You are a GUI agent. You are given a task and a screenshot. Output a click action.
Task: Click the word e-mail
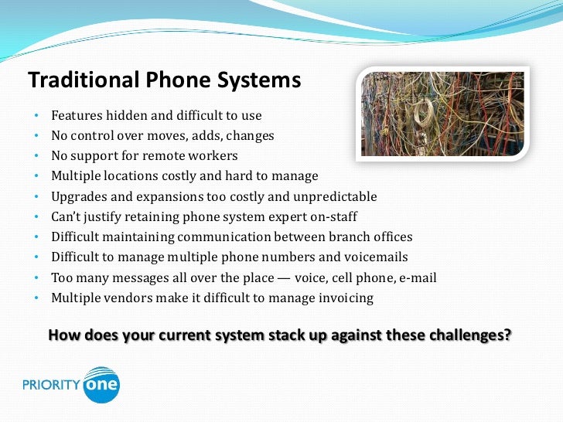coord(418,277)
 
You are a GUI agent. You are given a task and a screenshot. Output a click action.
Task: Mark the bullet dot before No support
coord(36,156)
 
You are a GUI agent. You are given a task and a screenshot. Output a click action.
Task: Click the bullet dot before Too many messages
coord(36,277)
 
